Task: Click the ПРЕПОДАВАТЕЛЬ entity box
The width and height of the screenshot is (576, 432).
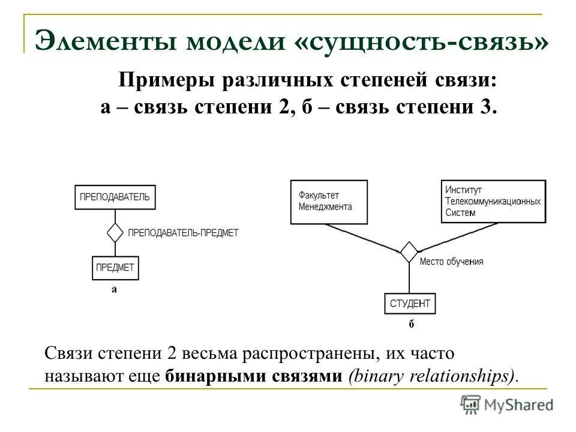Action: pos(115,197)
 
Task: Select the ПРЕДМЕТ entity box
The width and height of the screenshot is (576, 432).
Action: pos(115,268)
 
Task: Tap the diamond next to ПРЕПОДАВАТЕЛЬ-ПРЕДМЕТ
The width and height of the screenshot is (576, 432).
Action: pos(115,232)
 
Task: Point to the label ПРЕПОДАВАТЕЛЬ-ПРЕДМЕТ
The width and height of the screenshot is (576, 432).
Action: pos(183,232)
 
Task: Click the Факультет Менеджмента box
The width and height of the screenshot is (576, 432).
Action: pos(327,202)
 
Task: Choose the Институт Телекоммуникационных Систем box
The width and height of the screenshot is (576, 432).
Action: pos(493,202)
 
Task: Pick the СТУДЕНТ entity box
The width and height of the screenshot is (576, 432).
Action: pos(410,304)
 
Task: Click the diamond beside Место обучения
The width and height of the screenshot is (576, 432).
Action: pos(409,252)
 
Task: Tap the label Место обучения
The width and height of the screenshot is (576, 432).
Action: pos(451,262)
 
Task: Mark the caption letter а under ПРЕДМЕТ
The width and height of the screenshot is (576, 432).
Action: pos(114,289)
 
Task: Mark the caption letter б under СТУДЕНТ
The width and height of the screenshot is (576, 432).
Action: pos(411,325)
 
